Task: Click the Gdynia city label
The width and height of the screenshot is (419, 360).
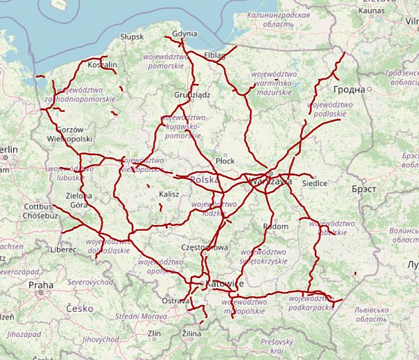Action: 184,34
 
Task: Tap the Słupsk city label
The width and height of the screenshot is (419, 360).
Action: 131,36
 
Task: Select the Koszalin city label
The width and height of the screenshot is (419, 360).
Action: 103,64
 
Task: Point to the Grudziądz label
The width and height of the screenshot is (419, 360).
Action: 192,94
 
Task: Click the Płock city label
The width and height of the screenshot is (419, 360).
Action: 226,160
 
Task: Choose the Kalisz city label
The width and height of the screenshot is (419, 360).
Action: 170,194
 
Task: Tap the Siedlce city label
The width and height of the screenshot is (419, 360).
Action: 315,183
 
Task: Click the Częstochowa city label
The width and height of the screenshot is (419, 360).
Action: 205,247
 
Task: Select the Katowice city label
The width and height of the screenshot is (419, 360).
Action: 225,284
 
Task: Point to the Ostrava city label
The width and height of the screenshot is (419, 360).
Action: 175,300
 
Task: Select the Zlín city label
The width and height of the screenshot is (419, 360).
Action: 154,333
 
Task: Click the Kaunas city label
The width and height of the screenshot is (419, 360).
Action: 371,10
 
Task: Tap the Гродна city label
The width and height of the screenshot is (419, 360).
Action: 350,89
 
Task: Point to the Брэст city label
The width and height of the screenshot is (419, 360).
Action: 363,189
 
